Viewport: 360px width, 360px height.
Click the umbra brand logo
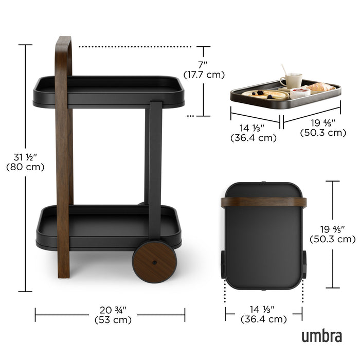coord(321,336)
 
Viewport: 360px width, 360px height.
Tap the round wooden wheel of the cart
coord(154,262)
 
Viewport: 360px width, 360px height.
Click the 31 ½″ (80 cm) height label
coord(25,161)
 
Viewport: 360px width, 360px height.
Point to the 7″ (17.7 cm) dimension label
coord(205,69)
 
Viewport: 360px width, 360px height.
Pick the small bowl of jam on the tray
coord(300,93)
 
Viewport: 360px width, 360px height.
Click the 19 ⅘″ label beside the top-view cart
coord(332,234)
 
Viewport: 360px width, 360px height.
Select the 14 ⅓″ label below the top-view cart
coord(263,314)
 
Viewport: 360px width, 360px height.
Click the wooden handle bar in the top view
coord(264,202)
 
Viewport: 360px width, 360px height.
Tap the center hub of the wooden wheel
coord(154,262)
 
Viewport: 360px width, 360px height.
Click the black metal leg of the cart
coord(155,165)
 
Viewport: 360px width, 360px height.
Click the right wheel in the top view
coord(304,264)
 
